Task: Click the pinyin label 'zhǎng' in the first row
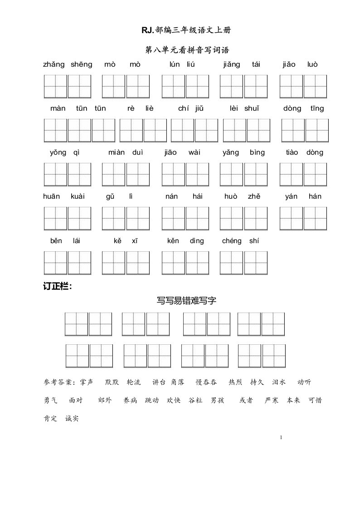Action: (x=54, y=64)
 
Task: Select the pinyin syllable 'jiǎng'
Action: (x=232, y=64)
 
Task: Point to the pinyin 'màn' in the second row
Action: (x=58, y=108)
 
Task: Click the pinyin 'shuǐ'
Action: (x=252, y=108)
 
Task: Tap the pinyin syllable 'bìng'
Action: (x=257, y=152)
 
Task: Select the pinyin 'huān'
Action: (x=52, y=196)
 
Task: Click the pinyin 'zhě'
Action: (x=253, y=196)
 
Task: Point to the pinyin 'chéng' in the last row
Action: (x=232, y=241)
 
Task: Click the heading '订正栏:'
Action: (x=57, y=287)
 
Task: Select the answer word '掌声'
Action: (x=86, y=382)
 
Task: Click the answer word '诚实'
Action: (x=72, y=419)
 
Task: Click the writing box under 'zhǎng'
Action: (x=55, y=86)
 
